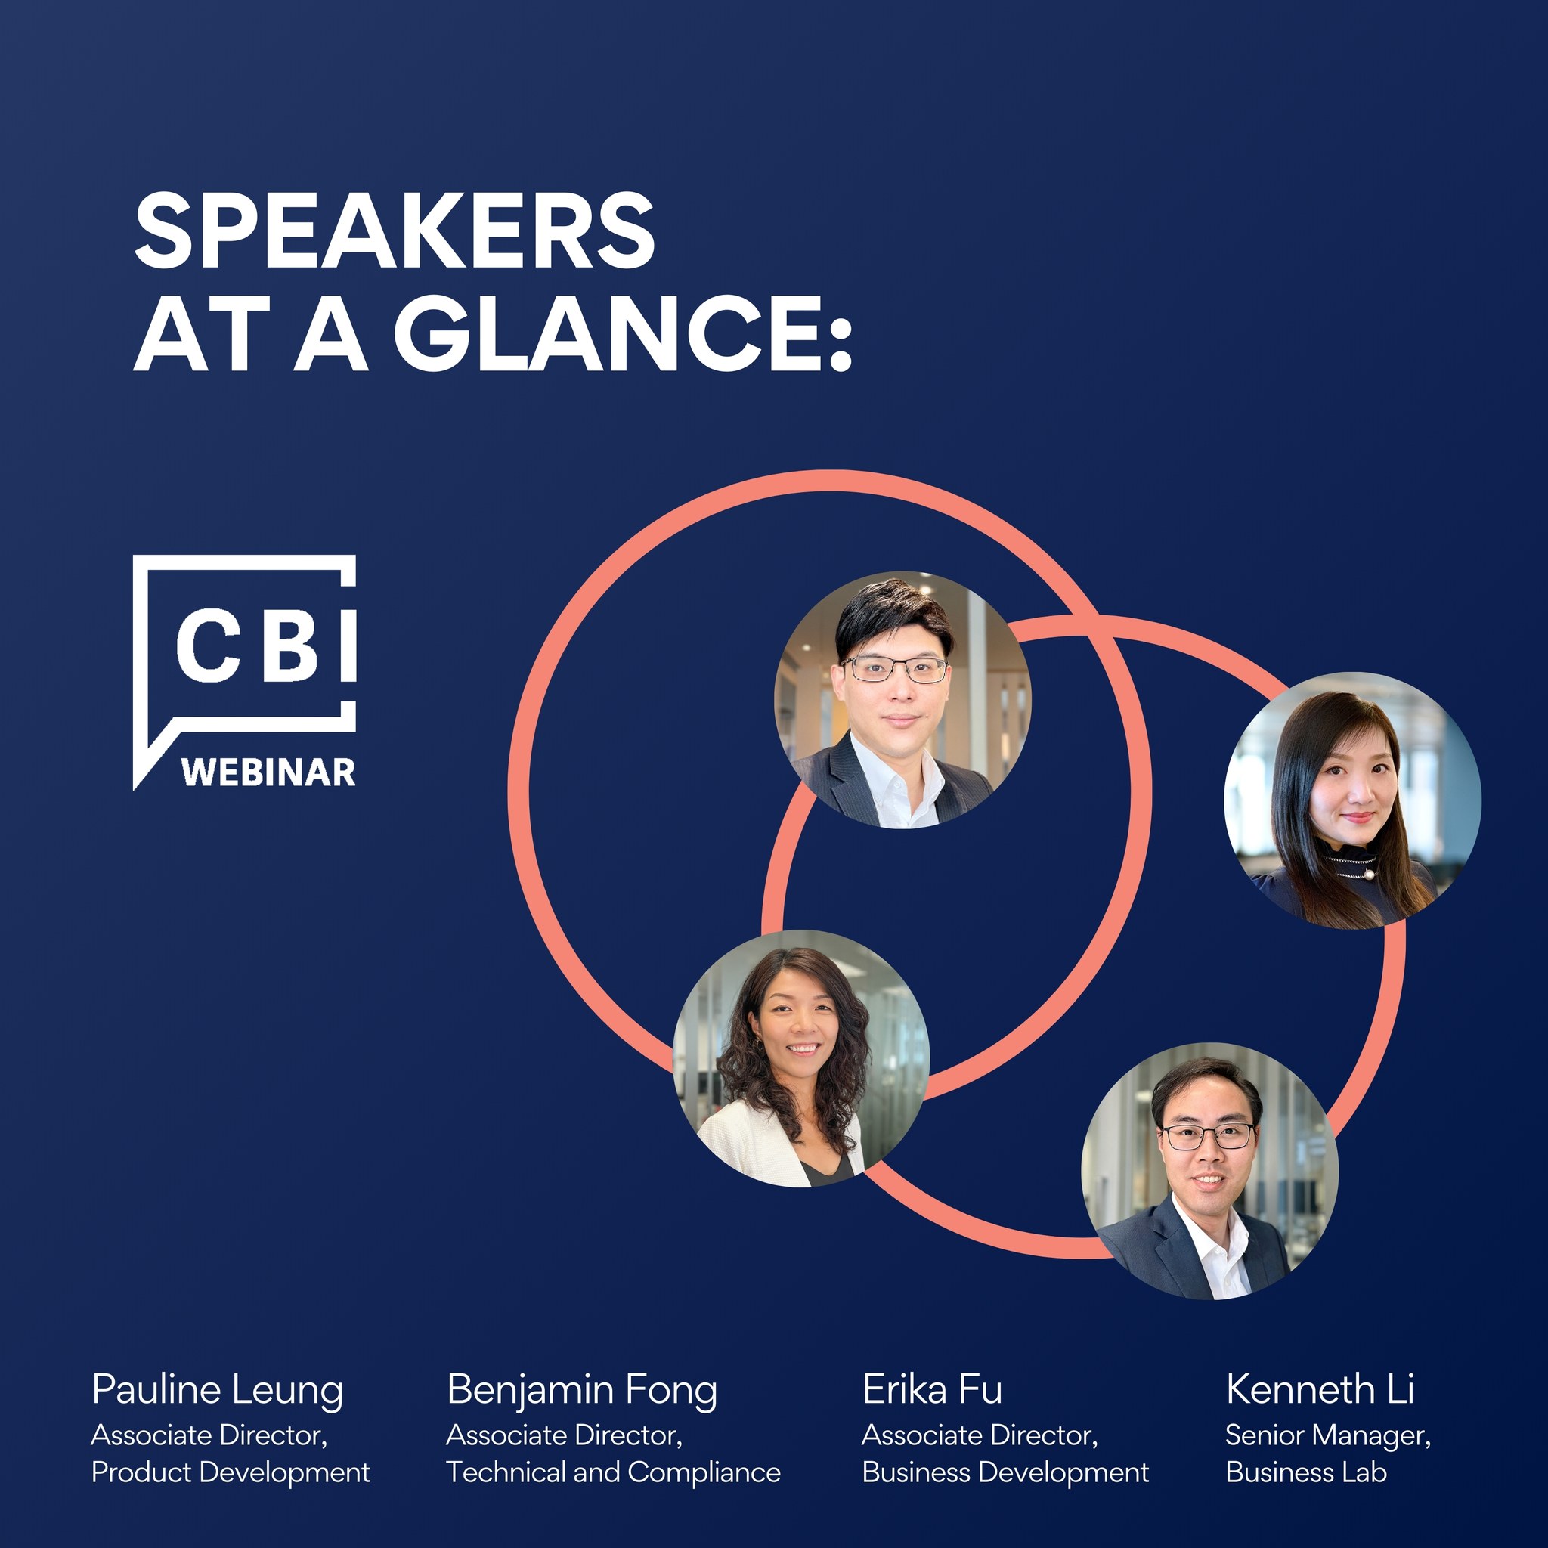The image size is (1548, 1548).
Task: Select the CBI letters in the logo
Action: (x=266, y=645)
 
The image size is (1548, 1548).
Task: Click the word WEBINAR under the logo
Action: (x=268, y=772)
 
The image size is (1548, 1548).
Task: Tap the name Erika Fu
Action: (x=932, y=1389)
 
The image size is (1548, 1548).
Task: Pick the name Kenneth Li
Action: (x=1320, y=1389)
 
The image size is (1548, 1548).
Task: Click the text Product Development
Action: (x=231, y=1472)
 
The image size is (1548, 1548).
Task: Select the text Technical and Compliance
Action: (x=613, y=1472)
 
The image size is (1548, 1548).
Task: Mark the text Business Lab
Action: (x=1306, y=1472)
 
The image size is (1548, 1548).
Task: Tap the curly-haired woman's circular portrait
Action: (x=801, y=1057)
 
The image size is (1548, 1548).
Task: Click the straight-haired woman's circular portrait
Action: (x=1352, y=800)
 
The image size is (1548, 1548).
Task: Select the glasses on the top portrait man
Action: (x=895, y=669)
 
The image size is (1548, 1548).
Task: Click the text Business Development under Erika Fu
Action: (x=1005, y=1472)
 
